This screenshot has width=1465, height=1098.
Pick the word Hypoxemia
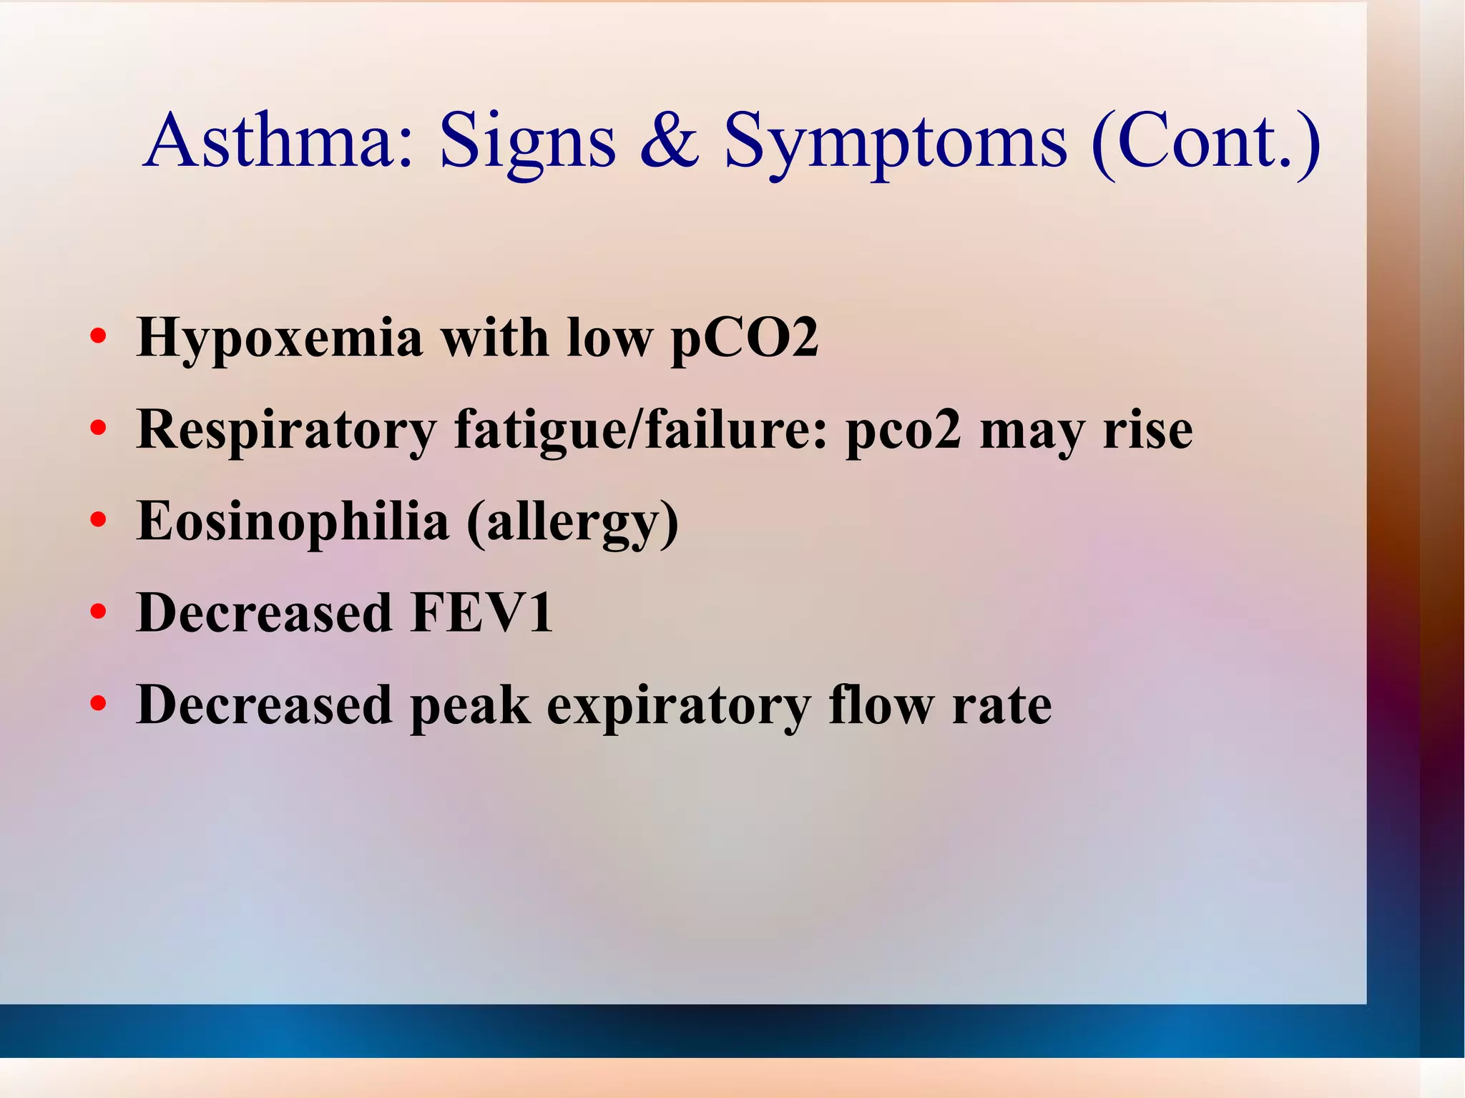tap(280, 338)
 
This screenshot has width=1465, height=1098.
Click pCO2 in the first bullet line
tap(744, 338)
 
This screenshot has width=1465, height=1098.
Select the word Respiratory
tap(286, 431)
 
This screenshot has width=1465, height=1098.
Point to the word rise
tap(1147, 431)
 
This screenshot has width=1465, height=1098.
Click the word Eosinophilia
tap(293, 521)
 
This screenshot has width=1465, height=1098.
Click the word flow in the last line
tap(881, 705)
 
